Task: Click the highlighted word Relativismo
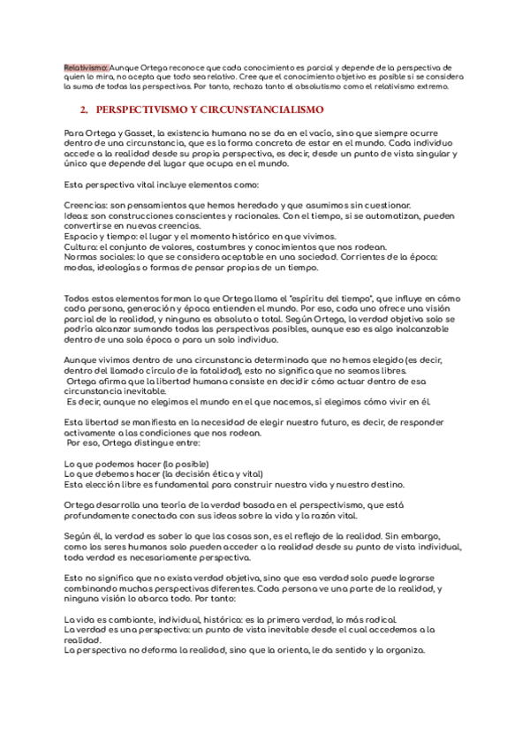pos(86,67)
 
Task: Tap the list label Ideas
pos(76,215)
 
